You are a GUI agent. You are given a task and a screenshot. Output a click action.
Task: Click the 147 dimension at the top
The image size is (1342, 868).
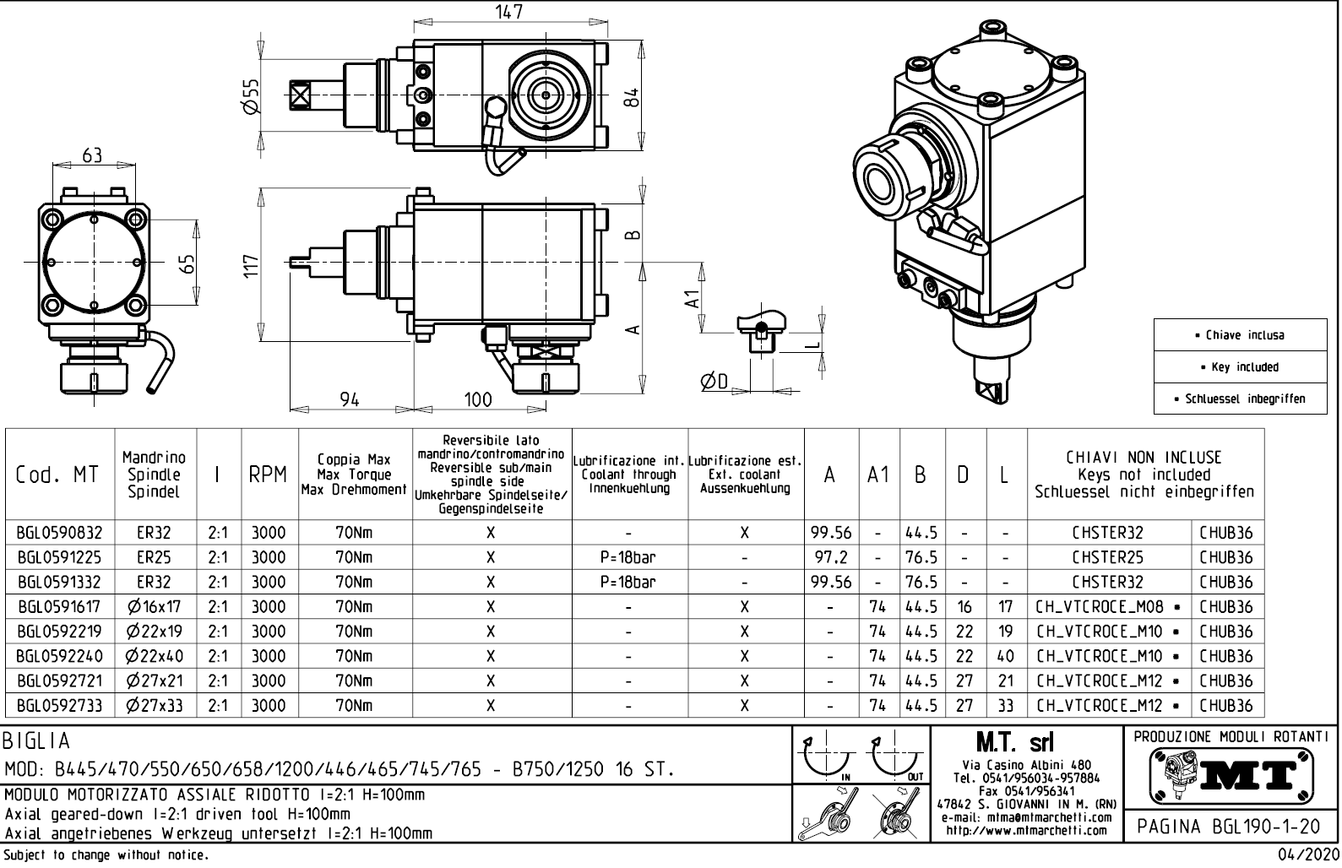[508, 11]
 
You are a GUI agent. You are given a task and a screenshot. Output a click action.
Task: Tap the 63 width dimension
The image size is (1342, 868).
[91, 155]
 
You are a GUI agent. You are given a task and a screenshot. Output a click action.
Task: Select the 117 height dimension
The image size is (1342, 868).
[251, 264]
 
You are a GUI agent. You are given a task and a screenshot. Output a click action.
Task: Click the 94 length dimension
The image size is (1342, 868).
[350, 399]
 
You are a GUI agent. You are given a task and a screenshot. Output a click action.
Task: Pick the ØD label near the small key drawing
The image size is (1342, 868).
[714, 382]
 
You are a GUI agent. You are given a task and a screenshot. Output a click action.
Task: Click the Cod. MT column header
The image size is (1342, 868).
[57, 475]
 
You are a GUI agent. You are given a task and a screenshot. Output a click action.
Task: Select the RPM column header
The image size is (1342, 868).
[268, 475]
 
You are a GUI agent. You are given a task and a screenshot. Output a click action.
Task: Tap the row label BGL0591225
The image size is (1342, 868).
[59, 558]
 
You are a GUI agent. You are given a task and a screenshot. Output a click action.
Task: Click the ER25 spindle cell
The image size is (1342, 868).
[154, 558]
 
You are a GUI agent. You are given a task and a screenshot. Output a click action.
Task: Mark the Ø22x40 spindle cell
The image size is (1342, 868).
[154, 656]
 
